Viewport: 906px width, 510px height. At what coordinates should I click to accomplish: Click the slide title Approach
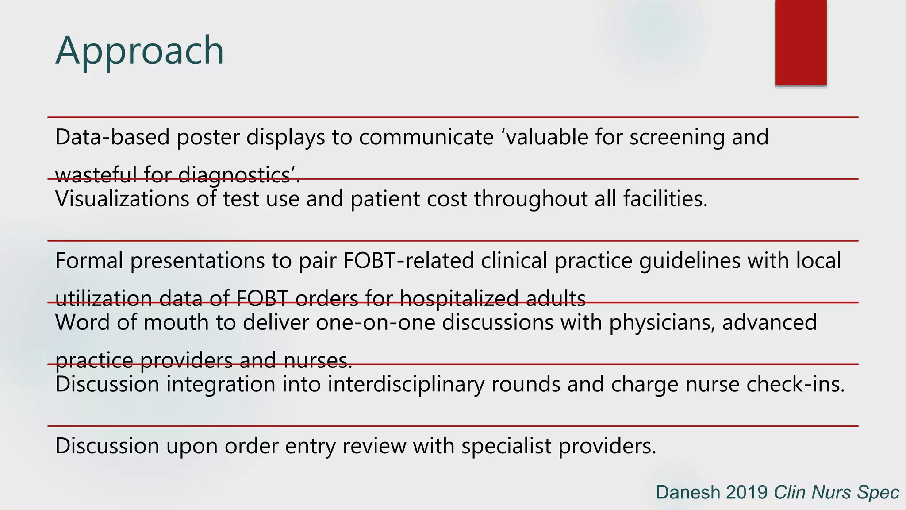(x=139, y=51)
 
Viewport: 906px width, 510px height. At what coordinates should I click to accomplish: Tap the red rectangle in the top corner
(x=801, y=42)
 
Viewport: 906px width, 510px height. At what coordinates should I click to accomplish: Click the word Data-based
(x=112, y=137)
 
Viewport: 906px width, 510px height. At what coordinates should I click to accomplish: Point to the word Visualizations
(x=122, y=199)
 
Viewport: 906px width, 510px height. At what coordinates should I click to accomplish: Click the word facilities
(x=665, y=199)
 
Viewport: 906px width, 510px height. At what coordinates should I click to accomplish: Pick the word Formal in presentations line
(x=89, y=260)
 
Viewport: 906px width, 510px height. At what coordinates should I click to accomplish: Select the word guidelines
(x=690, y=260)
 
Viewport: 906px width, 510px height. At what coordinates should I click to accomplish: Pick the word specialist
(x=506, y=446)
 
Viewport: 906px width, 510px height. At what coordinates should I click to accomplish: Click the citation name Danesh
(x=687, y=492)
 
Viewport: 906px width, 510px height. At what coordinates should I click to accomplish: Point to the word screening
(x=677, y=137)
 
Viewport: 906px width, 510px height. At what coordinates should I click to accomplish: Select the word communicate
(x=426, y=137)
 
